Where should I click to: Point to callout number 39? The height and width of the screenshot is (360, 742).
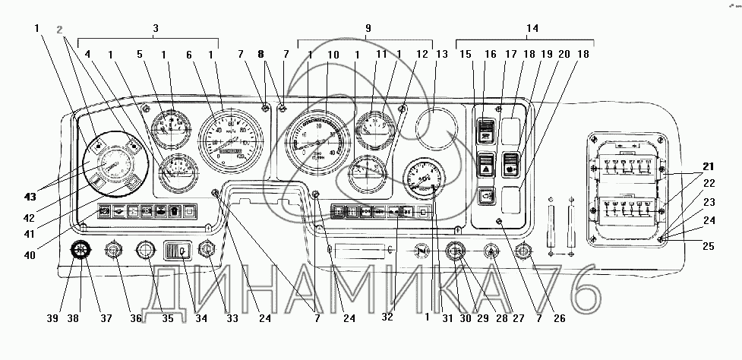point(52,318)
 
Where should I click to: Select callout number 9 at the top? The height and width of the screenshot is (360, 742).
point(368,28)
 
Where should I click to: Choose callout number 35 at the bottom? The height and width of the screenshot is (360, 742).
point(168,318)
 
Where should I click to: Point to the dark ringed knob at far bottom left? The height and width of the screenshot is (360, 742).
point(80,250)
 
